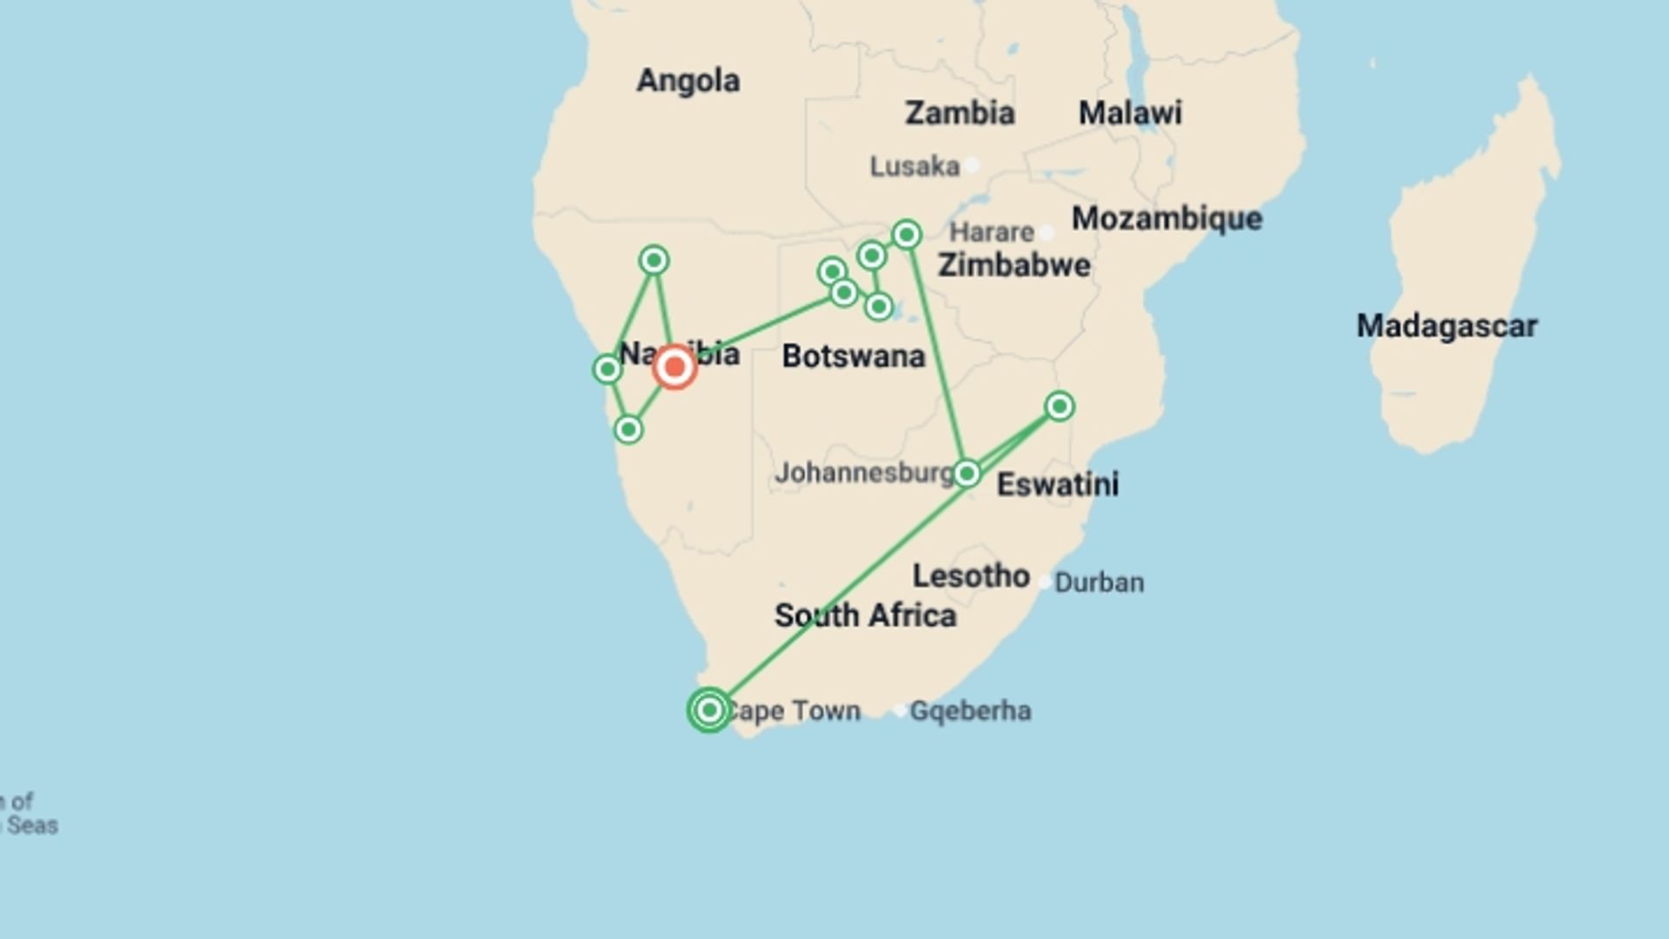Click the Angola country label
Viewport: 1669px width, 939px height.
[x=688, y=81]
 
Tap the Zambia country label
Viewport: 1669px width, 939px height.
[x=960, y=113]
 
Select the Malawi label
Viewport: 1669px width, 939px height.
[x=1130, y=113]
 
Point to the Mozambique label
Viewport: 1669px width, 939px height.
[x=1167, y=218]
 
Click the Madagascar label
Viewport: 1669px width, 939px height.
[x=1446, y=326]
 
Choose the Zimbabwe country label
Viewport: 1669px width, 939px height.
[x=1014, y=265]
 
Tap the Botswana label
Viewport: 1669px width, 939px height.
[x=853, y=356]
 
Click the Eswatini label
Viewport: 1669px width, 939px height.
[x=1057, y=484]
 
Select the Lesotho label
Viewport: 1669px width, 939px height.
[x=971, y=576]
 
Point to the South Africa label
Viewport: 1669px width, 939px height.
[x=865, y=616]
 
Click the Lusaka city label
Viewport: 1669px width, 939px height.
[x=914, y=166]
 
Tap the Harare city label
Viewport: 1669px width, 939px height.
[x=991, y=232]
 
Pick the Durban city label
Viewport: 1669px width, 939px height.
[x=1099, y=583]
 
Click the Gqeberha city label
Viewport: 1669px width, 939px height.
[x=970, y=711]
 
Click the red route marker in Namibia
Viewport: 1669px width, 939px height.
[x=675, y=367]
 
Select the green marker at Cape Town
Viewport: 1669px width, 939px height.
[x=709, y=710]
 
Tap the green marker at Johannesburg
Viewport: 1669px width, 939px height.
[x=967, y=474]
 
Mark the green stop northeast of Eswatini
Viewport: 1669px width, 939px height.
[x=1059, y=406]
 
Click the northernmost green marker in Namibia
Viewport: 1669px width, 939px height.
[x=654, y=260]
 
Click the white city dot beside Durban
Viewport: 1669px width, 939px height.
[x=1045, y=583]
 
